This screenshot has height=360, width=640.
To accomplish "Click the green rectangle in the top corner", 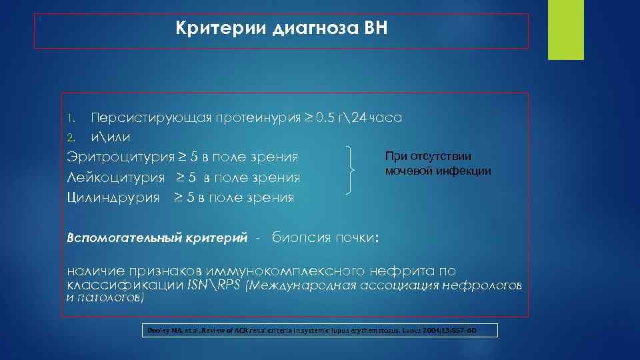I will click(x=565, y=30).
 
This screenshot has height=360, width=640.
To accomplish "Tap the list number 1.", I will click(x=71, y=119).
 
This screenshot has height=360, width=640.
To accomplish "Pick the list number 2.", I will click(x=71, y=138).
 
